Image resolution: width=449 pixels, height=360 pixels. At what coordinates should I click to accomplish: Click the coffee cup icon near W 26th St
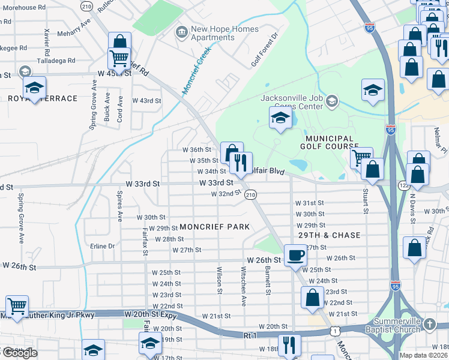295,254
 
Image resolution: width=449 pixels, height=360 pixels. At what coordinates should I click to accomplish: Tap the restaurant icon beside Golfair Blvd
241,163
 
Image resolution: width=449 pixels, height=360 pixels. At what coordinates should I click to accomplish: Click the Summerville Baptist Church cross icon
429,325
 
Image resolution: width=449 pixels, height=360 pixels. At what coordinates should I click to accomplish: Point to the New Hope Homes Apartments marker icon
180,31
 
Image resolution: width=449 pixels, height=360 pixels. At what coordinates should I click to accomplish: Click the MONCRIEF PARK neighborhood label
214,227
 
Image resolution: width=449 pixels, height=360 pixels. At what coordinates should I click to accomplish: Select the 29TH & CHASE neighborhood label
328,235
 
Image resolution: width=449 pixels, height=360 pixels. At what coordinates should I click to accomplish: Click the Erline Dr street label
101,246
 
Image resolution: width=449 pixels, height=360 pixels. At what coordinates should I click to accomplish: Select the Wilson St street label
220,280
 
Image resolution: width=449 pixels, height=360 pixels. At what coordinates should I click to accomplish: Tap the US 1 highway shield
333,331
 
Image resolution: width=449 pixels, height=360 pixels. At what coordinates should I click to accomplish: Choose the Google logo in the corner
19,352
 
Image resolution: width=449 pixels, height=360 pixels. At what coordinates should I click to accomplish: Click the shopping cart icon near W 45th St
119,58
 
